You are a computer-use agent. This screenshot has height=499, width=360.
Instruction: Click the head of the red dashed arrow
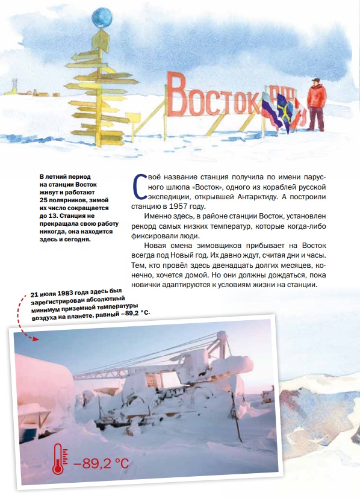coord(35,338)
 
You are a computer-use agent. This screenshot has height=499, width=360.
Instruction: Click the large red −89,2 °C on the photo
coord(101,464)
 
